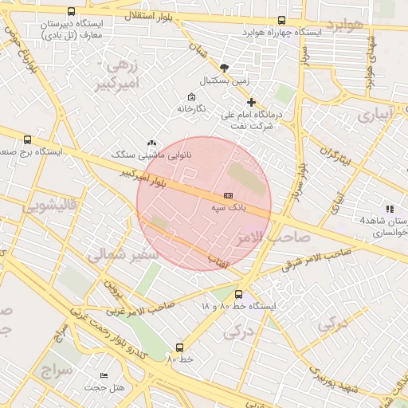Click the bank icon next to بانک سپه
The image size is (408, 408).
pyautogui.click(x=229, y=195)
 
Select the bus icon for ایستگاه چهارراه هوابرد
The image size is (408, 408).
pyautogui.click(x=281, y=21)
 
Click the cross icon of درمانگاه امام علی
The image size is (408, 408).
pyautogui.click(x=252, y=102)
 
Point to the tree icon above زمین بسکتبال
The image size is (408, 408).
pyautogui.click(x=224, y=69)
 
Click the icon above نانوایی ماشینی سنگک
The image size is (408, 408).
pyautogui.click(x=152, y=143)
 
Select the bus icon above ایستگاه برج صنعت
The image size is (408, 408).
pyautogui.click(x=29, y=139)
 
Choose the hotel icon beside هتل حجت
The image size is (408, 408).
pyautogui.click(x=104, y=375)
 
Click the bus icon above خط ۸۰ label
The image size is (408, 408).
pyautogui.click(x=179, y=347)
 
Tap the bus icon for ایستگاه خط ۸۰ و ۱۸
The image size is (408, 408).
pyautogui.click(x=238, y=294)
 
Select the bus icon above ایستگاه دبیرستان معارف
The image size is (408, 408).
pyautogui.click(x=72, y=12)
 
